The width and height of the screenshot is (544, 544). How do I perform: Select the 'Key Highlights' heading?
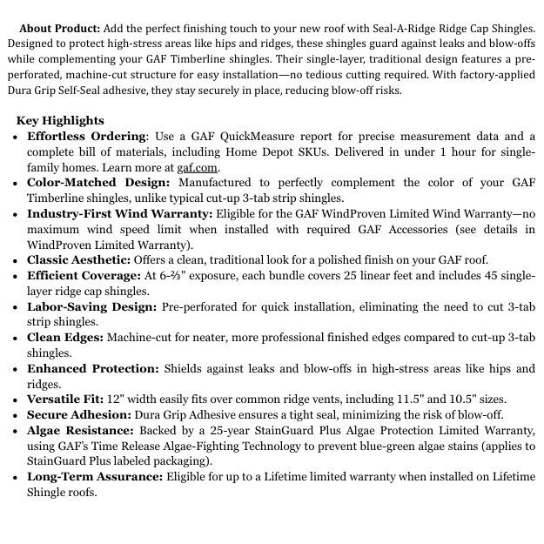click(60, 121)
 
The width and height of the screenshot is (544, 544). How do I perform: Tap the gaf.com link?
click(198, 167)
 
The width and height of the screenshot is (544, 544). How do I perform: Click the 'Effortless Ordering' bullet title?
click(86, 137)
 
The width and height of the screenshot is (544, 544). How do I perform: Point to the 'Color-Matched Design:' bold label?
click(98, 183)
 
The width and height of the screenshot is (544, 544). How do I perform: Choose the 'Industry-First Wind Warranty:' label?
click(119, 214)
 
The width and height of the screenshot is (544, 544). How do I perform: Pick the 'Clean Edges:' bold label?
click(65, 338)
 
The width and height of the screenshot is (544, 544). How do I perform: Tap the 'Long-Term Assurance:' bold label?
click(95, 477)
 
